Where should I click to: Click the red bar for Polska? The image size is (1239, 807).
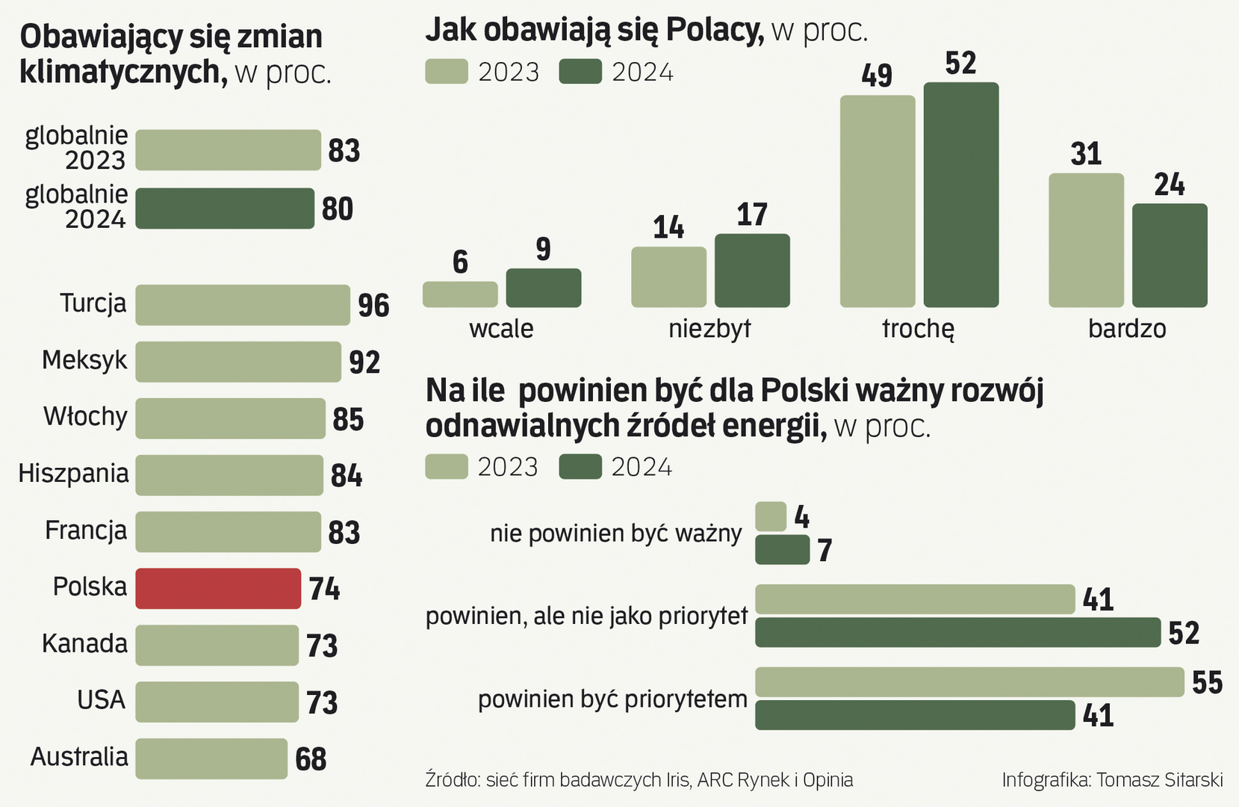[x=218, y=589]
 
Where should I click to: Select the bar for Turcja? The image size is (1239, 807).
[x=243, y=305]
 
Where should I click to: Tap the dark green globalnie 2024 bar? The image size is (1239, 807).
[x=225, y=208]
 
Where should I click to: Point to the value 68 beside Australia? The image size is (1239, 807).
[x=311, y=759]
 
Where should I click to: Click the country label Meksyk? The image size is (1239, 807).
[x=84, y=360]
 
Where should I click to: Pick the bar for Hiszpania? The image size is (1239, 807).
[x=229, y=475]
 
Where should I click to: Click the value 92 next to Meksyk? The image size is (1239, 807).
[x=364, y=362]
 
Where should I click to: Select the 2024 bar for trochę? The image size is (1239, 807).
[x=961, y=195]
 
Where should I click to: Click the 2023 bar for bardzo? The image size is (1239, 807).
[x=1086, y=240]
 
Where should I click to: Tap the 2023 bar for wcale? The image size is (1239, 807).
[x=460, y=294]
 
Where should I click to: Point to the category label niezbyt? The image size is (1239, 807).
[x=709, y=329]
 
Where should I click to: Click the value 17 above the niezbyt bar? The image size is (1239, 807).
[x=752, y=215]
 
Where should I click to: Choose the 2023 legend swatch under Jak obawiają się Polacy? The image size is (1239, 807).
[x=447, y=72]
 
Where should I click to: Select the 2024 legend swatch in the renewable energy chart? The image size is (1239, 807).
[x=580, y=467]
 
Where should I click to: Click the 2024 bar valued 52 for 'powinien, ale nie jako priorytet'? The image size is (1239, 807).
[x=957, y=633]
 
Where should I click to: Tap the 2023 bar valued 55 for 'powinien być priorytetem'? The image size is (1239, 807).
[x=969, y=682]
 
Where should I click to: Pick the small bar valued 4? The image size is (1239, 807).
[x=771, y=517]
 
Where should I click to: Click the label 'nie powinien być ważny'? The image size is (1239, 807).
[x=616, y=534]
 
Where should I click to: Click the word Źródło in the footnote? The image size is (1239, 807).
[x=452, y=780]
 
